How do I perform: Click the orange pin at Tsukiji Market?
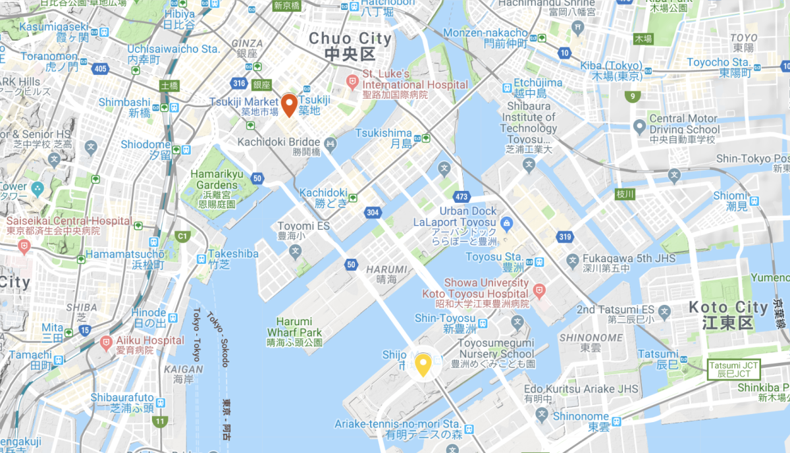tap(288, 105)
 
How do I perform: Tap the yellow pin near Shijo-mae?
tap(421, 364)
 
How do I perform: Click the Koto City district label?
tap(728, 315)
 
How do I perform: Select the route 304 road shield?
tap(372, 212)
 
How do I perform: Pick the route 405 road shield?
tap(100, 68)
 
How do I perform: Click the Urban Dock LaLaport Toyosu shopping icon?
tap(506, 223)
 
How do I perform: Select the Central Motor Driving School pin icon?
tap(638, 125)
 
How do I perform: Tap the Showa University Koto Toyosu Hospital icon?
tap(539, 289)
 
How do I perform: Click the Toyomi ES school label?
tap(303, 226)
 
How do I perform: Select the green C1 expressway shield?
tap(182, 236)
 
